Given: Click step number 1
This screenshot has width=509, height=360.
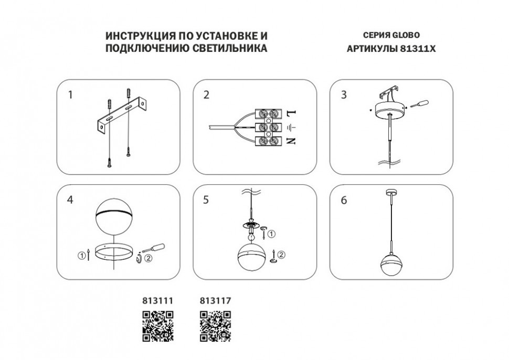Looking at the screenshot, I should [x=70, y=95].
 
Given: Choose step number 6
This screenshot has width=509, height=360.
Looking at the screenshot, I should [x=344, y=200].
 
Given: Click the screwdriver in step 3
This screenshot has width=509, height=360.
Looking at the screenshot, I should [x=419, y=104].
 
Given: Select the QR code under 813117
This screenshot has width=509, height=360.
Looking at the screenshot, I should [x=215, y=325].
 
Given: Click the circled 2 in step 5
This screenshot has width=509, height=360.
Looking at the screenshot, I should [x=281, y=255].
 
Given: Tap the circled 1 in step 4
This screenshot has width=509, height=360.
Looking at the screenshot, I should [x=81, y=256].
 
